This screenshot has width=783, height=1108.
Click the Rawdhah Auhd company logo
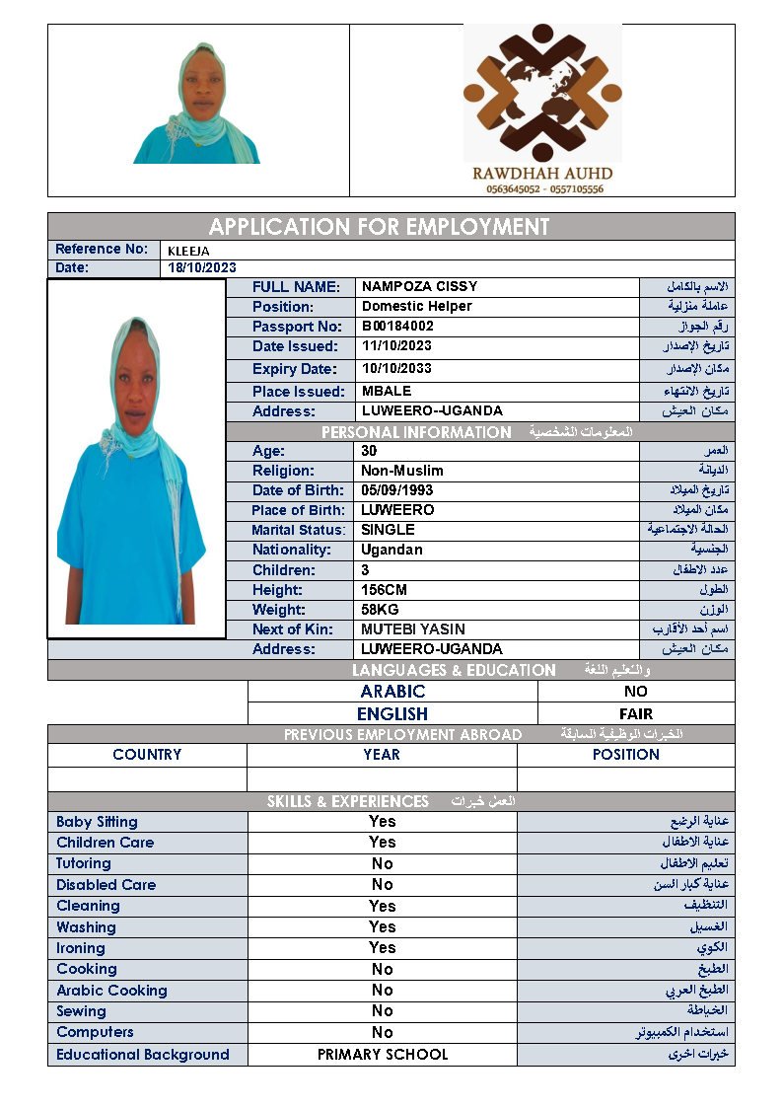click(542, 94)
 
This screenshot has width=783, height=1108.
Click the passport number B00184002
click(397, 327)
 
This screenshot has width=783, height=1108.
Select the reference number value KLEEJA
click(188, 252)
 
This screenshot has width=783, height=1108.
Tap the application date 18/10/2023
click(202, 268)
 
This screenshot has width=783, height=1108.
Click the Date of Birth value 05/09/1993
click(396, 490)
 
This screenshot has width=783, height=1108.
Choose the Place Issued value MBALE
click(387, 392)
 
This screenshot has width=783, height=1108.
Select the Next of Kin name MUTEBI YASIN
click(413, 629)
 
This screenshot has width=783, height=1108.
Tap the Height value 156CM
click(385, 590)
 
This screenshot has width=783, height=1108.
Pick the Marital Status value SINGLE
click(388, 530)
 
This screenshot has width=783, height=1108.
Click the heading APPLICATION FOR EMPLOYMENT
click(379, 227)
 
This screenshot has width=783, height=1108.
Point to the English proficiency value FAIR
click(635, 713)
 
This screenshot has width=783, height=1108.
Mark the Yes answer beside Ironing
click(382, 948)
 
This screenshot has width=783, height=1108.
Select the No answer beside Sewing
click(382, 1011)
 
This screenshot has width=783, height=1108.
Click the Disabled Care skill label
click(106, 885)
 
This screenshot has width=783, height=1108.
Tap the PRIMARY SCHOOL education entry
click(382, 1055)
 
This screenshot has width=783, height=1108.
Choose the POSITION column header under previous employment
click(625, 755)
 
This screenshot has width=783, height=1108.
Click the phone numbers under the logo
click(543, 188)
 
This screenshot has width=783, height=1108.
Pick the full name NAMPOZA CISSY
click(419, 287)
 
